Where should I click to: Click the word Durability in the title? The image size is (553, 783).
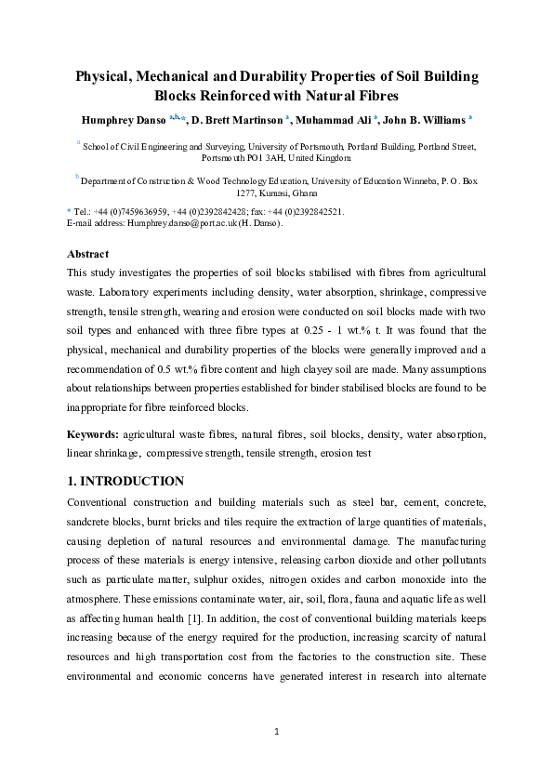(275, 76)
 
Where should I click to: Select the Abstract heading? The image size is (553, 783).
(87, 254)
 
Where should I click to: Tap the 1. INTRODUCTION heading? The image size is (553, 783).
(125, 481)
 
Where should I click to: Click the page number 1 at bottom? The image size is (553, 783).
(277, 733)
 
